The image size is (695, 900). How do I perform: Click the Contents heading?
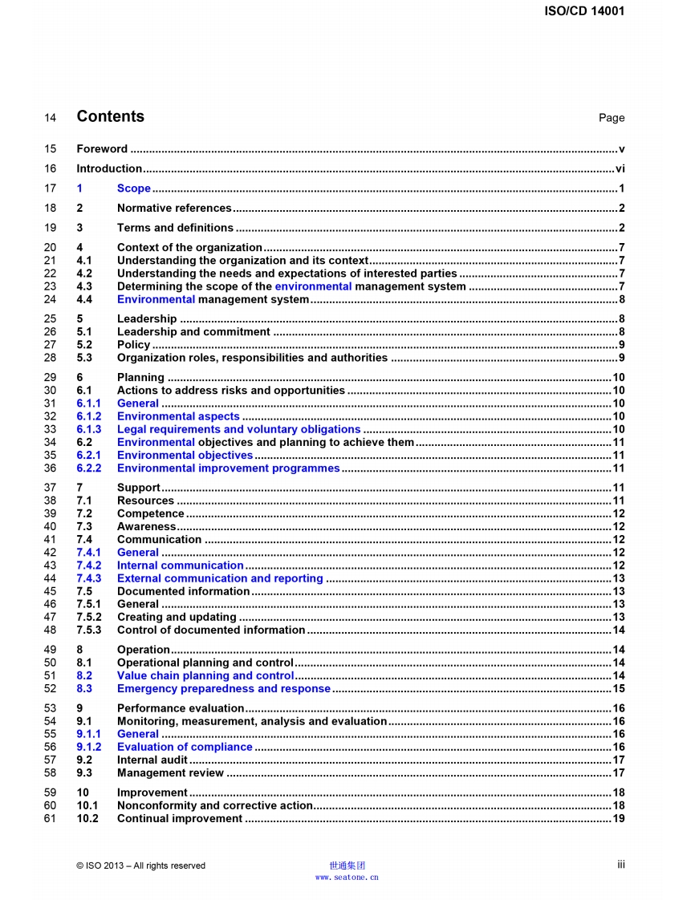click(x=110, y=116)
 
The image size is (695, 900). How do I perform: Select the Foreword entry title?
click(x=102, y=148)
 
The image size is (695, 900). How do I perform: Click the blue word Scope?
click(x=134, y=189)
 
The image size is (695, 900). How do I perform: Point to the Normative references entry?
click(x=174, y=209)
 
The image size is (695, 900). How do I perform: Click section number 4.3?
click(x=84, y=286)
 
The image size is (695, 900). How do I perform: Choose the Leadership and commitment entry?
click(x=193, y=332)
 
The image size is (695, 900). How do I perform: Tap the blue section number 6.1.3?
click(x=89, y=429)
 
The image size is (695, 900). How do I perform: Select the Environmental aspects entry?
click(x=178, y=416)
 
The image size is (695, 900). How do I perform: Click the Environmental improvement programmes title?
click(x=228, y=468)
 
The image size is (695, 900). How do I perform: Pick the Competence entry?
click(x=151, y=513)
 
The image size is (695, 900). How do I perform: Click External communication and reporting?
click(x=220, y=578)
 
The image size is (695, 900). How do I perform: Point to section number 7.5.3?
click(x=89, y=630)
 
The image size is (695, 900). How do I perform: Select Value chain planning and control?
click(x=205, y=675)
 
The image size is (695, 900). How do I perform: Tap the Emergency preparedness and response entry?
click(x=224, y=688)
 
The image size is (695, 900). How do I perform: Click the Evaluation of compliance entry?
click(x=185, y=747)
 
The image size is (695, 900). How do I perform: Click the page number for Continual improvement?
click(x=619, y=818)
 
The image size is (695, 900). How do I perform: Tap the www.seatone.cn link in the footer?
click(x=347, y=878)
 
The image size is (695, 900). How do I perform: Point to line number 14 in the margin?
click(x=50, y=118)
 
